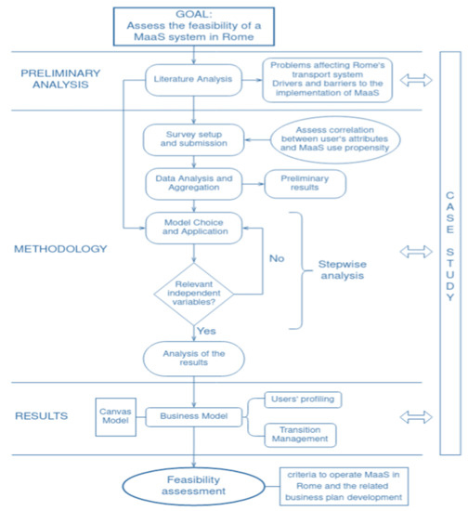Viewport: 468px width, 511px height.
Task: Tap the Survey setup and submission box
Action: [192, 139]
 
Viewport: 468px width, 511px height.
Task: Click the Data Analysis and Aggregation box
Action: [192, 182]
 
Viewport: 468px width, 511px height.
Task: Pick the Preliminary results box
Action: [305, 182]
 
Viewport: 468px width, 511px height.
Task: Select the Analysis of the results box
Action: [192, 358]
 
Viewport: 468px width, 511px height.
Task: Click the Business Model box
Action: [192, 417]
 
